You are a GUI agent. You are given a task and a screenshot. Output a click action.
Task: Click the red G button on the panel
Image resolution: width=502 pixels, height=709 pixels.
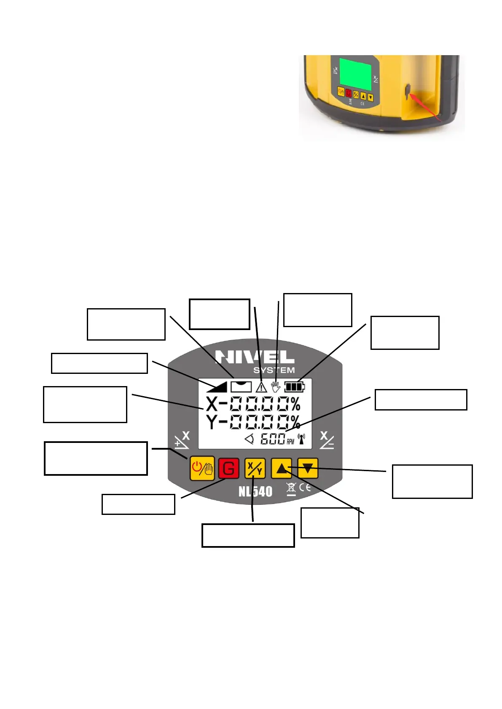(228, 469)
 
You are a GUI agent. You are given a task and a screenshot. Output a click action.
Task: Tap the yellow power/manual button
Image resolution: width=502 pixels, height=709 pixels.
(202, 468)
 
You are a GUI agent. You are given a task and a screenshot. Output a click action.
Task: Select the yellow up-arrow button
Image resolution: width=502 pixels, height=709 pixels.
(281, 468)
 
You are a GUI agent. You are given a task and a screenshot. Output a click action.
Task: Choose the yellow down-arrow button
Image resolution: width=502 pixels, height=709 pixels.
(308, 468)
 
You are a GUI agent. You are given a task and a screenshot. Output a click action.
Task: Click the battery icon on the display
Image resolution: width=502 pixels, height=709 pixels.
(294, 386)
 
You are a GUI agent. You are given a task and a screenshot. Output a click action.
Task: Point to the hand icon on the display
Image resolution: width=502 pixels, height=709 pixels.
(276, 386)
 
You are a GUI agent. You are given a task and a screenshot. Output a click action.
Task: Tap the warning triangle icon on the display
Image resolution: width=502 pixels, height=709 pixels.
(261, 387)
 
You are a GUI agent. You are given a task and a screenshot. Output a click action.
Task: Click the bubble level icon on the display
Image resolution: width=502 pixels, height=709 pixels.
(241, 386)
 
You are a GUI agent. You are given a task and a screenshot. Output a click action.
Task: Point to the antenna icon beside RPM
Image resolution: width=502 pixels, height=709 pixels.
(301, 439)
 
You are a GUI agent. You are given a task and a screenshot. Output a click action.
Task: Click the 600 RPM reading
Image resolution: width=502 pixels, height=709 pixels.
(273, 439)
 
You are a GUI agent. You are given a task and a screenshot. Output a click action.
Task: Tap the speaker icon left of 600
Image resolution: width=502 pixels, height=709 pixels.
(249, 439)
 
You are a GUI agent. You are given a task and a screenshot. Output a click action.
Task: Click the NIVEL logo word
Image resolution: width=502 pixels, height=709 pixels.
(255, 357)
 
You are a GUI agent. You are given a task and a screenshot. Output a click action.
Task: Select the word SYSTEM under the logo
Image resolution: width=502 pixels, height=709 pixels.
(274, 370)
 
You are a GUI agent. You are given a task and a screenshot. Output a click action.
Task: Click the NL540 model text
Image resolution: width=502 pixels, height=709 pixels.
(255, 491)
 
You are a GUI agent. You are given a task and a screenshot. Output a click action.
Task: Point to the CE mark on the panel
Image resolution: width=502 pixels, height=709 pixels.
(305, 488)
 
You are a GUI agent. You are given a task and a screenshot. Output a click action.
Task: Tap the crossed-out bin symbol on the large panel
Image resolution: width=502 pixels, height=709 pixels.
(291, 489)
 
